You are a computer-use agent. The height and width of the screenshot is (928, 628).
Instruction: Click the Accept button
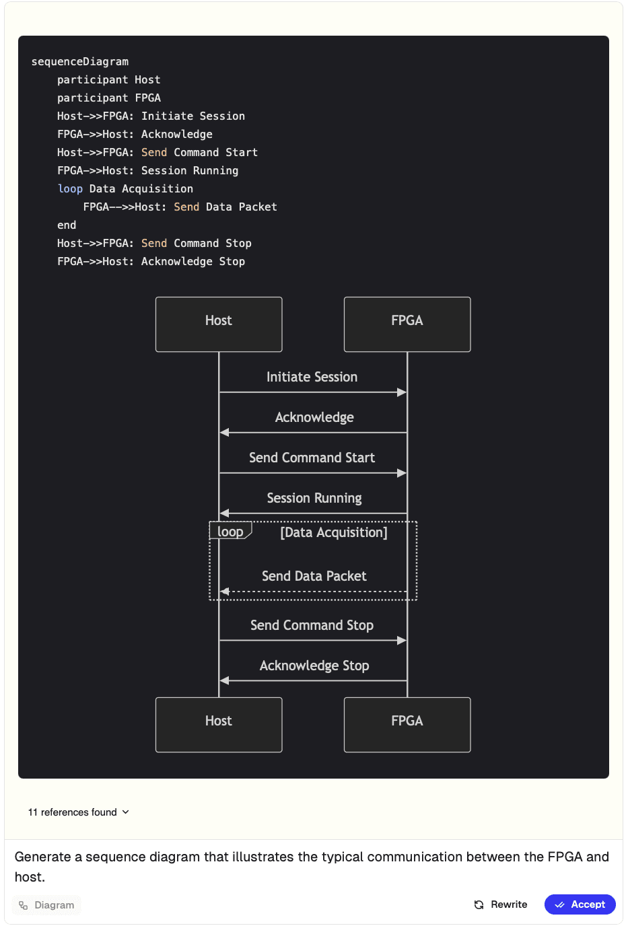click(x=580, y=904)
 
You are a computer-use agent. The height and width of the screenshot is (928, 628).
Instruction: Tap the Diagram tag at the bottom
click(x=46, y=905)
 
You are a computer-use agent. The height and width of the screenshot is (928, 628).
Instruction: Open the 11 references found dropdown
click(x=78, y=812)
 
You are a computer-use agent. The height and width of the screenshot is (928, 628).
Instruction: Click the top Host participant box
click(x=219, y=324)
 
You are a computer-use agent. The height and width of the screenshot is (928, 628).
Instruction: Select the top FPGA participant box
click(x=407, y=324)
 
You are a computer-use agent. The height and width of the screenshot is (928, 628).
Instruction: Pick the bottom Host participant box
click(x=219, y=725)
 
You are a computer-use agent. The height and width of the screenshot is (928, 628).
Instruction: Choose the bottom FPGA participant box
click(x=407, y=725)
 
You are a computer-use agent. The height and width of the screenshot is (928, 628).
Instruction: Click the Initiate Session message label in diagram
click(x=312, y=377)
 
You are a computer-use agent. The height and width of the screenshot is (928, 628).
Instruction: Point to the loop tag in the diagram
click(x=230, y=531)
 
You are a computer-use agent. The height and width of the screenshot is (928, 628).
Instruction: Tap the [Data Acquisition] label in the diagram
click(x=334, y=532)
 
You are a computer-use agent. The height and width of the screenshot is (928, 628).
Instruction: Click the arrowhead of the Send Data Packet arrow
click(x=224, y=591)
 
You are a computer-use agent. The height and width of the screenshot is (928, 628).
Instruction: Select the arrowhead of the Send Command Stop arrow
click(x=402, y=641)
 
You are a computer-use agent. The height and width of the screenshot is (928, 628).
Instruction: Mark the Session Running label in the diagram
click(x=314, y=498)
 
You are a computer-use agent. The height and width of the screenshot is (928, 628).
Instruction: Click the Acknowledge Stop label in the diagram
click(x=314, y=666)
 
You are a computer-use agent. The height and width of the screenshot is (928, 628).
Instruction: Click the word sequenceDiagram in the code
click(x=80, y=62)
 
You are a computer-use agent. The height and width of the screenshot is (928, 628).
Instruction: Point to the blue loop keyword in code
click(x=70, y=189)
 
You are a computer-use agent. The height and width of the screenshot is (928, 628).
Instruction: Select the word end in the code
click(x=67, y=225)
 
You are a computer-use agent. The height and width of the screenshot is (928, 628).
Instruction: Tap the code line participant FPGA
click(x=109, y=98)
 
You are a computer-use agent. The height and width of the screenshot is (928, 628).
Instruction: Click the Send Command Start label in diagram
click(x=312, y=458)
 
